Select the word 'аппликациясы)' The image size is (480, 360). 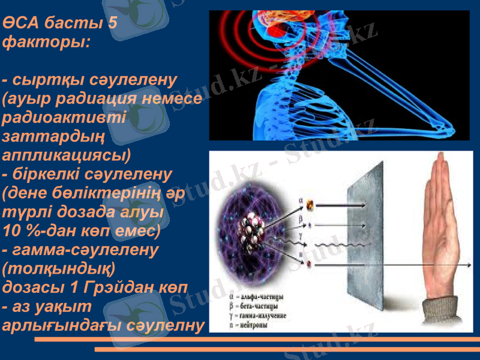click(67, 154)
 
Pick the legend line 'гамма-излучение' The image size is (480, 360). click(264, 316)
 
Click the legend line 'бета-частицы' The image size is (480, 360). click(260, 306)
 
